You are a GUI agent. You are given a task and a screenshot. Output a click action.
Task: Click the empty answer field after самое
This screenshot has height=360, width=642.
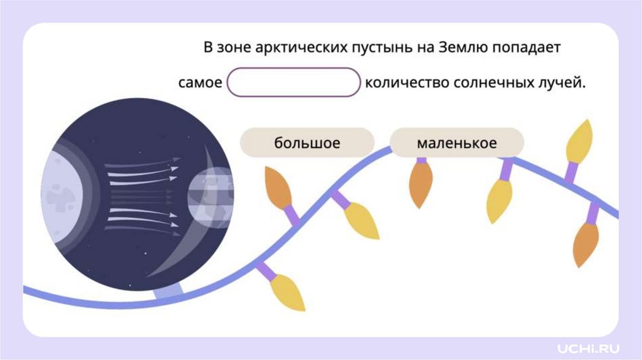tap(293, 83)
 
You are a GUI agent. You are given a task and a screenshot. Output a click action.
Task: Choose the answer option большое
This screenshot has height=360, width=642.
tap(307, 143)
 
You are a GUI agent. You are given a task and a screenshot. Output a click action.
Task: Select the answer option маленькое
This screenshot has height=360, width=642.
tap(456, 143)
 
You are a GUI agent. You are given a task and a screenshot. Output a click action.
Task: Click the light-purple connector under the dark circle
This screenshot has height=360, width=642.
tap(168, 291)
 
